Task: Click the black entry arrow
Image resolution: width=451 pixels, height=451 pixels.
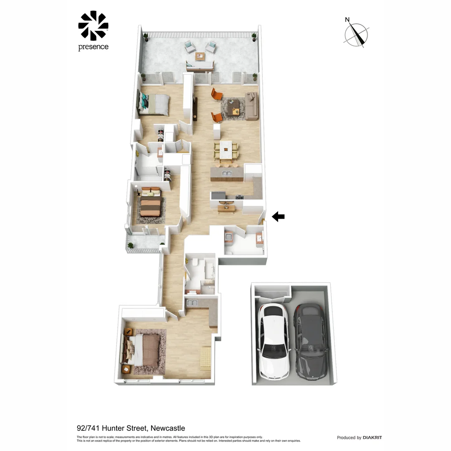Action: coord(278,216)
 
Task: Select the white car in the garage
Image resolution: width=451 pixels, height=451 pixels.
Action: coord(274,340)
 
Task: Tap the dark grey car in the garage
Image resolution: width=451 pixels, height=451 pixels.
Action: coord(311,340)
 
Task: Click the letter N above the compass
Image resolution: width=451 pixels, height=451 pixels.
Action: coord(347,20)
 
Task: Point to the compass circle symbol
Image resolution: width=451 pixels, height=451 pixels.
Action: coord(356,35)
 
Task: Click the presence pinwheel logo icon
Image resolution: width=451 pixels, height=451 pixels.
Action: coord(93,26)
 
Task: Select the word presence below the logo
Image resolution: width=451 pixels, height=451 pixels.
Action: coord(93,47)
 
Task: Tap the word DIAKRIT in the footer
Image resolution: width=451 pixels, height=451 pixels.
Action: coord(372,438)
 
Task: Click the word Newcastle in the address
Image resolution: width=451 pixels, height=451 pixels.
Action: coord(167,428)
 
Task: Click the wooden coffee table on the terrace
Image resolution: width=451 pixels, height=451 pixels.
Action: coord(200,56)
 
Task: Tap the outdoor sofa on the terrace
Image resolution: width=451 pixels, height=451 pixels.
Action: coord(200,66)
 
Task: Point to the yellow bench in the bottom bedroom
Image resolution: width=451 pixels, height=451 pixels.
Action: coord(205,358)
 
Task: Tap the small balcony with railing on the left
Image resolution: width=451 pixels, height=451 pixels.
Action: coord(144,241)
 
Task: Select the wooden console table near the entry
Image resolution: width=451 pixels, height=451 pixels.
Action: coord(226,208)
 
